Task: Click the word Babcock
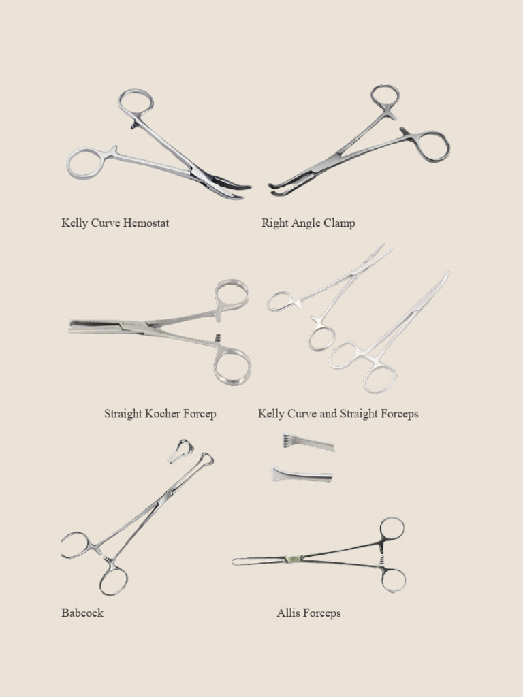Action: coord(82,613)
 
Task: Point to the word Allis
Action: coord(289,613)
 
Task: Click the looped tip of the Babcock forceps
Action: coord(205,460)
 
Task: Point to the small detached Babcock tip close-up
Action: coord(181,451)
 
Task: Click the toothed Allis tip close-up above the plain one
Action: coord(308,443)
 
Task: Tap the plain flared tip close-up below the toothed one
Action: coord(302,474)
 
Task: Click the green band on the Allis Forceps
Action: coord(293,560)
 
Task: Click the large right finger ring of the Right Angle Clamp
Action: coord(433,146)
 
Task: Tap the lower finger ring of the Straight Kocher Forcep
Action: coord(232,366)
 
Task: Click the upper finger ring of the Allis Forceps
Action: coord(392,528)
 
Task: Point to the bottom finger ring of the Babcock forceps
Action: coord(113,581)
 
